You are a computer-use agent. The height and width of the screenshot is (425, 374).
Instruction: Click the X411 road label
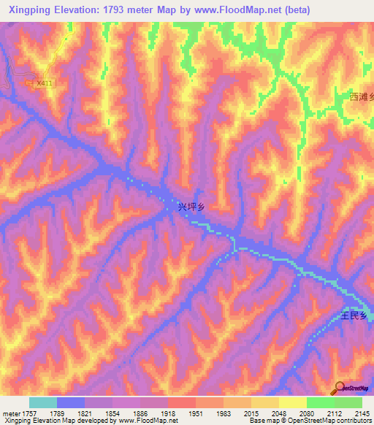[45, 83]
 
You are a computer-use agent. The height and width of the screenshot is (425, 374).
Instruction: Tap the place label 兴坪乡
[191, 207]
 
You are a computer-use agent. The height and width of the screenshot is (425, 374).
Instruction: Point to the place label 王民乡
[356, 316]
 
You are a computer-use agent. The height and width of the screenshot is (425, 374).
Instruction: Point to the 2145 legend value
[362, 413]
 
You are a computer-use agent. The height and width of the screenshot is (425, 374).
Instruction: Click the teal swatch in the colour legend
[43, 402]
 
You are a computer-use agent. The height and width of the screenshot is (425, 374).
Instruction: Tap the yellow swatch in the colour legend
[293, 402]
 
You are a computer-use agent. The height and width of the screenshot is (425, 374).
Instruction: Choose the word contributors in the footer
[353, 421]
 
